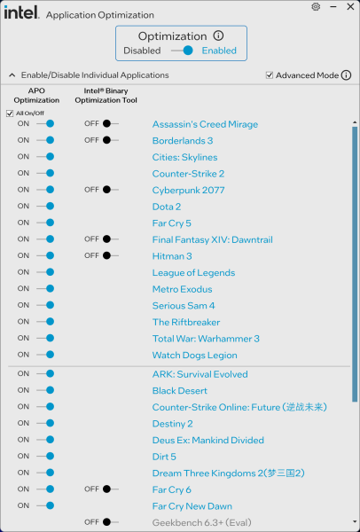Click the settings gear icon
[316, 7]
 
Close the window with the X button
[350, 6]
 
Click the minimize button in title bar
[333, 7]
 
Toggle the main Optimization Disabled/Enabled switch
[182, 51]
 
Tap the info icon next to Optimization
[218, 35]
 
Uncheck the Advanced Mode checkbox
[270, 75]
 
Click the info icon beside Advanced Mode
[346, 75]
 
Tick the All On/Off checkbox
[10, 113]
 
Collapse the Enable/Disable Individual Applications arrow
[12, 75]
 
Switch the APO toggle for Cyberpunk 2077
[45, 190]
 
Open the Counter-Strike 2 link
[188, 174]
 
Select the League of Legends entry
[193, 273]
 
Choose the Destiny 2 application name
[172, 424]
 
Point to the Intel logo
[21, 12]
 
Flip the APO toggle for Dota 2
[45, 206]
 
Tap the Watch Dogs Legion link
[195, 356]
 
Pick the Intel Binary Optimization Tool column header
[106, 96]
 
